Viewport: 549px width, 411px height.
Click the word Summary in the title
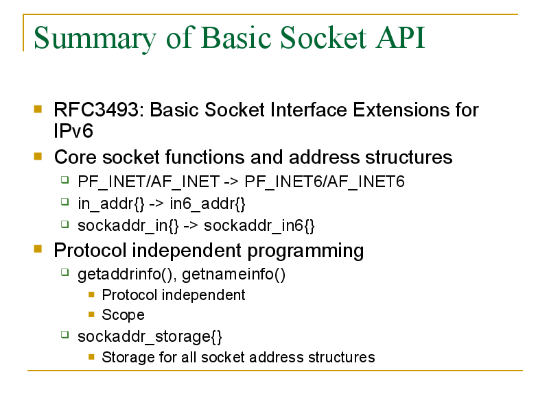[x=95, y=38]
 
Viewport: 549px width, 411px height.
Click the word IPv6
[x=73, y=131]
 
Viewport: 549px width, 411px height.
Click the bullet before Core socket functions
[x=38, y=156]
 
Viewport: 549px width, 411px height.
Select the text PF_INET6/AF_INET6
[x=324, y=182]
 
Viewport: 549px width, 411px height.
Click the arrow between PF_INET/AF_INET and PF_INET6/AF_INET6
[x=231, y=182]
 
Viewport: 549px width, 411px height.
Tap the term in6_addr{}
[x=207, y=203]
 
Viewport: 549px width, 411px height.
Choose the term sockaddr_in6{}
[x=259, y=226]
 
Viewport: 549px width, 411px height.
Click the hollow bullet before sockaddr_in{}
[x=65, y=224]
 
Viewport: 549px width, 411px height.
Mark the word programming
[x=305, y=251]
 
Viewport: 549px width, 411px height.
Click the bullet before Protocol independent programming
[x=38, y=249]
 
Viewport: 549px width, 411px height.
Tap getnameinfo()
[x=233, y=275]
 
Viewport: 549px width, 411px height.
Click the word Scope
[x=123, y=315]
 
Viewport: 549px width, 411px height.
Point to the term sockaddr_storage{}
[x=150, y=337]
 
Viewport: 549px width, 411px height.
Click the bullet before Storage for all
[x=92, y=357]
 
